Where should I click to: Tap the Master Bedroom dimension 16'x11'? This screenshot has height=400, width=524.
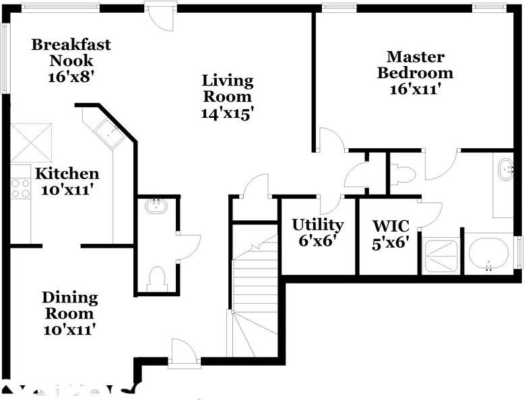415,88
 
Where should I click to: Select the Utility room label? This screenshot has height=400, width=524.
317,224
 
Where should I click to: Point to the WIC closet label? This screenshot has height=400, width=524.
391,224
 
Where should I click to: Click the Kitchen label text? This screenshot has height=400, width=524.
67,174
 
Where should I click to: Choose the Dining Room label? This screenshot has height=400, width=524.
69,305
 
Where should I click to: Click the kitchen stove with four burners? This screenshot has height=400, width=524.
20,188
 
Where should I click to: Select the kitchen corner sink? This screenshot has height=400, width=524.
108,132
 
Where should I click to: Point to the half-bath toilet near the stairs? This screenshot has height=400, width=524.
156,279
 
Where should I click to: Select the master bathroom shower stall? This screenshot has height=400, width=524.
442,255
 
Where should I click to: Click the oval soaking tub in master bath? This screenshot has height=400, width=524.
489,254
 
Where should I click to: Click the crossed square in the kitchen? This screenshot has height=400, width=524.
31,142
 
